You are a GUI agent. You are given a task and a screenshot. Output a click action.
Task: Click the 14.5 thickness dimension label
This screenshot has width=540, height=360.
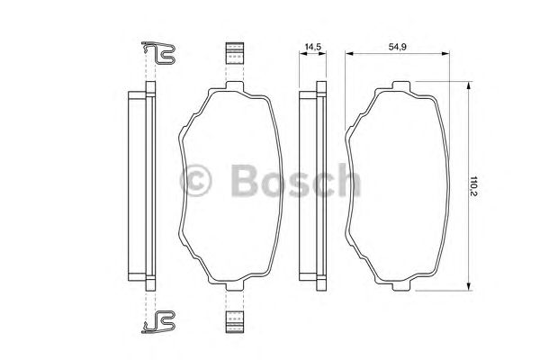312,44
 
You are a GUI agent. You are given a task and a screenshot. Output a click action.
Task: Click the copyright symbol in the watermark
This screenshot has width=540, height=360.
198,180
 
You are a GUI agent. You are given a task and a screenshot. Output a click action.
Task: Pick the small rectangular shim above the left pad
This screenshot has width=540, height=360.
234,53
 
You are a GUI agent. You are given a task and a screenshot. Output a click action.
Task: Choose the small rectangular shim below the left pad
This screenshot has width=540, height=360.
234,320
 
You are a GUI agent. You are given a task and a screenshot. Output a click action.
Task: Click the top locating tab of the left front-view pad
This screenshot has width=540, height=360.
233,87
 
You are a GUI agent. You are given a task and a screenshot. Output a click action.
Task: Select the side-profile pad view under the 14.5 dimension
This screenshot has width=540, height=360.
311,187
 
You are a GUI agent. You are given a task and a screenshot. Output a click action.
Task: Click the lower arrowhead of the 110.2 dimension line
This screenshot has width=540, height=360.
468,289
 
